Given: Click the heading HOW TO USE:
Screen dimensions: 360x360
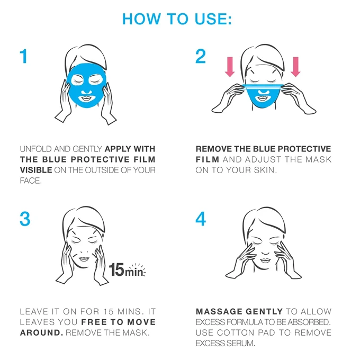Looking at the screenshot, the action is (177, 19).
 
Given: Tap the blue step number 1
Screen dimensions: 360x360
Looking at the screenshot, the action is (24, 56).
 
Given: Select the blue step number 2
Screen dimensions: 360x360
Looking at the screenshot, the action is (201, 56).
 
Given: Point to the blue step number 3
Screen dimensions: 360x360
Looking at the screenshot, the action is (25, 219).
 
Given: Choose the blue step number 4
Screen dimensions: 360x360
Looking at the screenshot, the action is (201, 219).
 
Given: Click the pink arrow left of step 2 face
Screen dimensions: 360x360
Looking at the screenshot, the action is (230, 67).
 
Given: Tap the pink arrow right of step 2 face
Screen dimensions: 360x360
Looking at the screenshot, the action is (296, 67).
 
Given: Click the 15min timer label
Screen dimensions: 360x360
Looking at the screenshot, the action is (127, 270).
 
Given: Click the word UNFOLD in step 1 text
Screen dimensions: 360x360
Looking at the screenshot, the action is (35, 149).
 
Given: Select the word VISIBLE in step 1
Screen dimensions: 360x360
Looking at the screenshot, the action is (36, 170).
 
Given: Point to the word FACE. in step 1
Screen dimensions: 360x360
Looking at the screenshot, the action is (31, 181).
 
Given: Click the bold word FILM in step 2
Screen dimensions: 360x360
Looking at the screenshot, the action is (208, 159).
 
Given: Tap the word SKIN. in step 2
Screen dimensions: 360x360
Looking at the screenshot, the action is (265, 170).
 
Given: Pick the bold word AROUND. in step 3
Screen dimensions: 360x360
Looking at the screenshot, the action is (41, 332).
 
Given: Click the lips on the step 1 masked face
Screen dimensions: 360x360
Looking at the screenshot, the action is (86, 98).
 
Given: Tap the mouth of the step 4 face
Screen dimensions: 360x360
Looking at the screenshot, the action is (265, 260).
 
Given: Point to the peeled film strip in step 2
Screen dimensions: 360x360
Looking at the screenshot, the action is (263, 86).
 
